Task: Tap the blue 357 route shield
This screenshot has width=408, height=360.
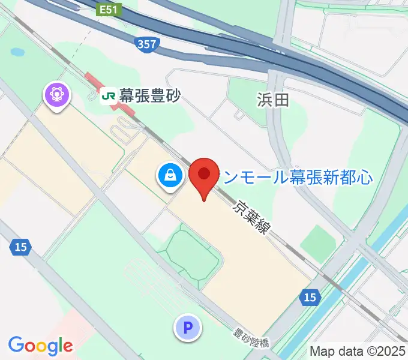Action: click(x=146, y=44)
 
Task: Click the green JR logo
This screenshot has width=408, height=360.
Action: click(x=109, y=95)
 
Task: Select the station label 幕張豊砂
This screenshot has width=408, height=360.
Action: click(x=149, y=95)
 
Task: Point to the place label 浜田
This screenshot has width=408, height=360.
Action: click(x=273, y=99)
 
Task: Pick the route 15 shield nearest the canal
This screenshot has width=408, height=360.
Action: click(x=310, y=297)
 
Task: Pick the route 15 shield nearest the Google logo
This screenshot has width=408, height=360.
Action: click(x=20, y=247)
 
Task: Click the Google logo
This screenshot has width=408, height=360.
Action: click(x=40, y=346)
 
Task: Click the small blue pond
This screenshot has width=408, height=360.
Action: click(x=18, y=53)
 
